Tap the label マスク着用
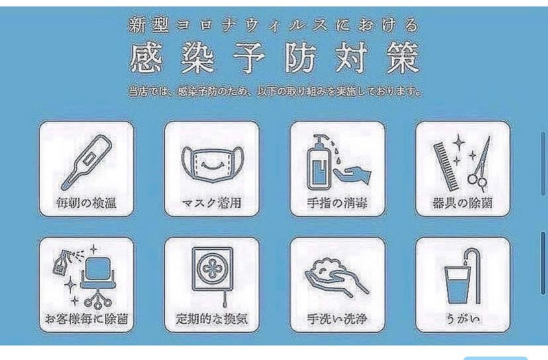(x=211, y=202)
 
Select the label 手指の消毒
(x=337, y=202)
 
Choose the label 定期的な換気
(x=211, y=319)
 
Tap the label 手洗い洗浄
(x=337, y=319)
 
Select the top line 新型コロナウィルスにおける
(x=274, y=25)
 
